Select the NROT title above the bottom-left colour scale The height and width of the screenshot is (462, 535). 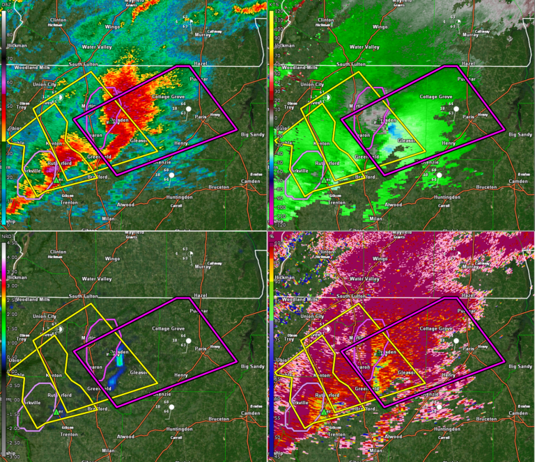point(5,236)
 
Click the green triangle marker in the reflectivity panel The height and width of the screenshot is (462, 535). point(56,180)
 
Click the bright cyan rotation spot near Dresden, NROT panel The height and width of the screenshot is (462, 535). point(119,360)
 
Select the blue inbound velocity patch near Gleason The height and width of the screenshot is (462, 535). point(395,130)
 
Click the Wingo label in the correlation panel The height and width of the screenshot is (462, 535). point(380,258)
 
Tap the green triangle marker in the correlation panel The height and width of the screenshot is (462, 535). point(323,411)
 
